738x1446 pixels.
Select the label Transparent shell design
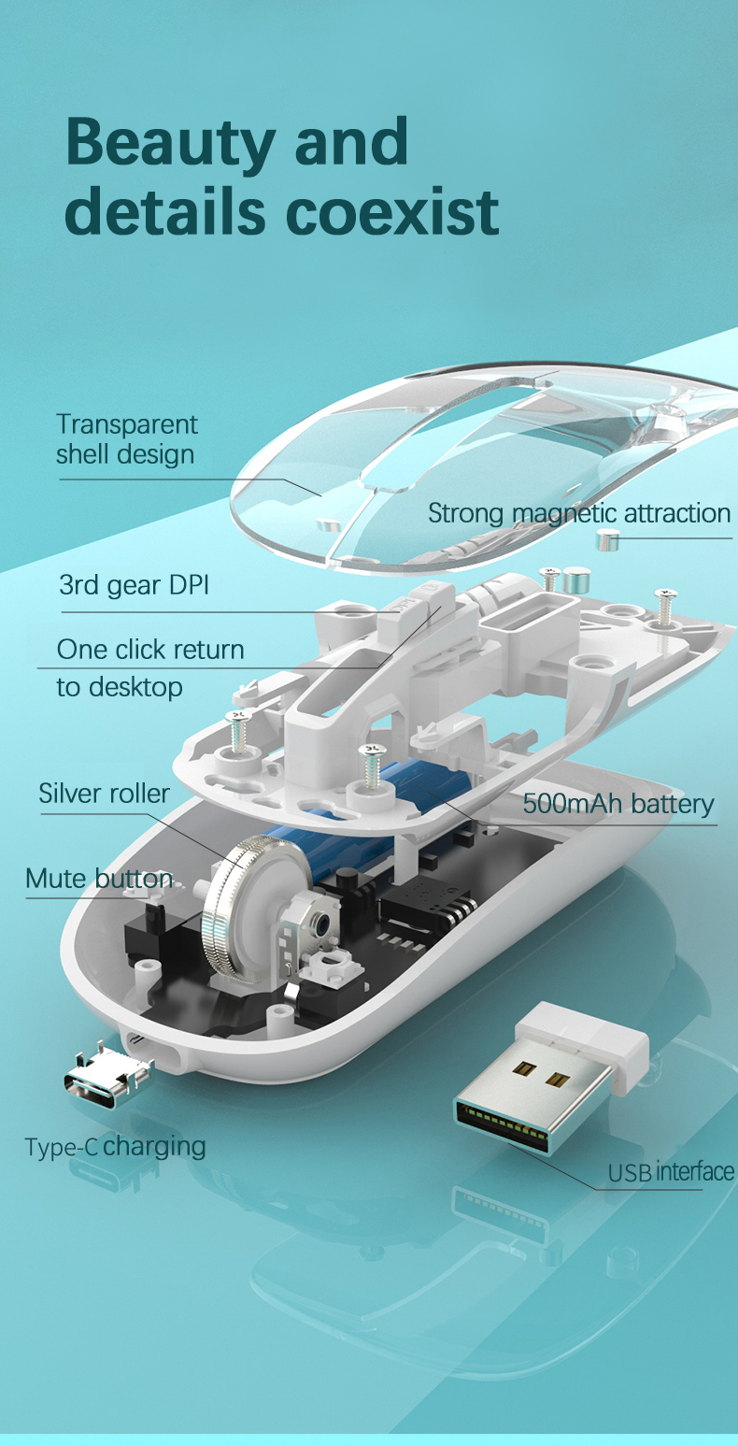click(126, 439)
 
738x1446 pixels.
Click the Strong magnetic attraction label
click(578, 513)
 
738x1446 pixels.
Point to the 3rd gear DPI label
click(134, 586)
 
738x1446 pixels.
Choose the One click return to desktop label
click(149, 667)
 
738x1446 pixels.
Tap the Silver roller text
click(104, 794)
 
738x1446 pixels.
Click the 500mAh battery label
click(617, 804)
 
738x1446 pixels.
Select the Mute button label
click(98, 879)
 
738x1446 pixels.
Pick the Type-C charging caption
click(115, 1146)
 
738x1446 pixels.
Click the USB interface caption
click(670, 1171)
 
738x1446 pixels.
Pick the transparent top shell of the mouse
click(486, 458)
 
